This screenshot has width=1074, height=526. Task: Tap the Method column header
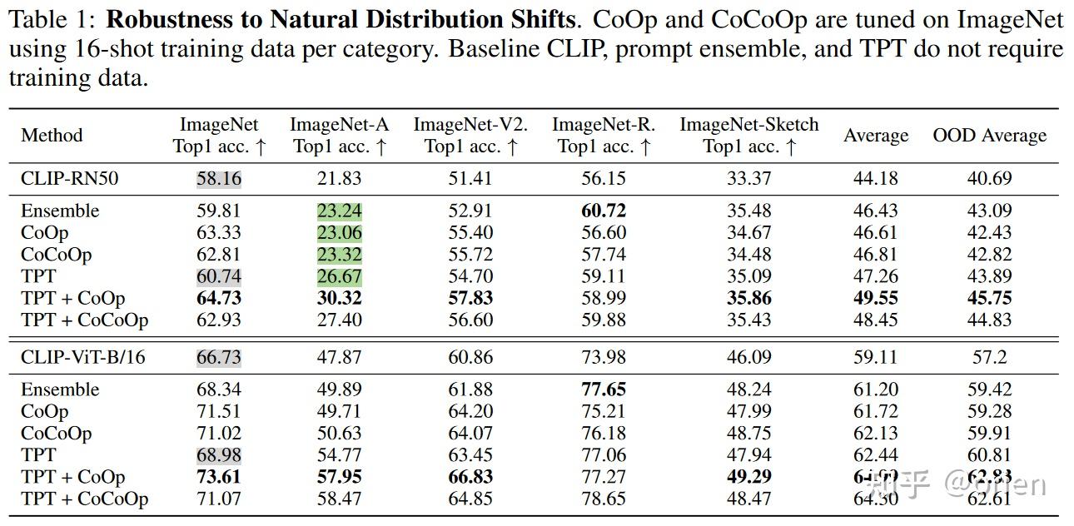tap(52, 135)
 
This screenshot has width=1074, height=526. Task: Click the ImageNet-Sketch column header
tap(749, 135)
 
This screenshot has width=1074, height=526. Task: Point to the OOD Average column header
tap(989, 136)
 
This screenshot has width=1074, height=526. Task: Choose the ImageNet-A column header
tap(339, 135)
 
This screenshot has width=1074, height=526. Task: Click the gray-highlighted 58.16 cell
tap(219, 178)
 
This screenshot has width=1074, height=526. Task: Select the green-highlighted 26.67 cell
tap(339, 276)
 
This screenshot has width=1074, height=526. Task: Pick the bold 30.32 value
tap(339, 298)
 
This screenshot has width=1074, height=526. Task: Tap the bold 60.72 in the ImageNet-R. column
tap(604, 211)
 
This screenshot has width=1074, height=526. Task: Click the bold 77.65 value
tap(604, 390)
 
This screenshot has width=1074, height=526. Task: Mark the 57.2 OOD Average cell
tap(989, 357)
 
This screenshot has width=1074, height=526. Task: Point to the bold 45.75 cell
tap(989, 298)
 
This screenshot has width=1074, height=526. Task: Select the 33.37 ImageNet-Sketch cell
tap(748, 178)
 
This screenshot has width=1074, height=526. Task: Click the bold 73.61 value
tap(219, 477)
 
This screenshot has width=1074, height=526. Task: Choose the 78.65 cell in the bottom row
tap(604, 499)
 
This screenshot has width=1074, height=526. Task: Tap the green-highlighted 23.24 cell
tap(339, 211)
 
